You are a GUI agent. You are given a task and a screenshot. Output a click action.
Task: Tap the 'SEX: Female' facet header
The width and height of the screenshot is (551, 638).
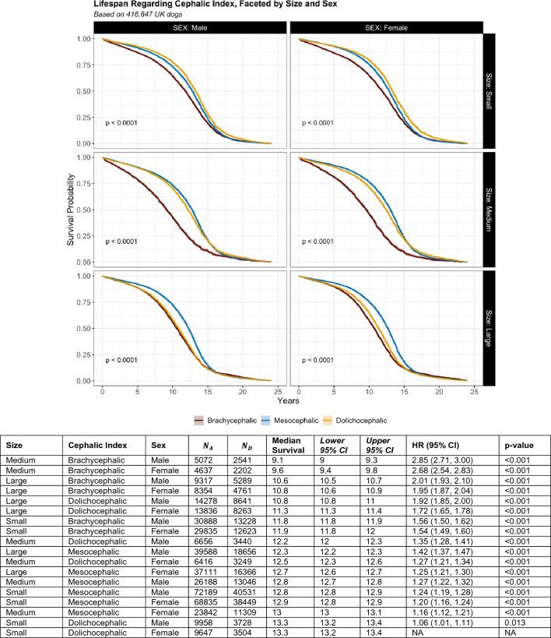386,28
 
